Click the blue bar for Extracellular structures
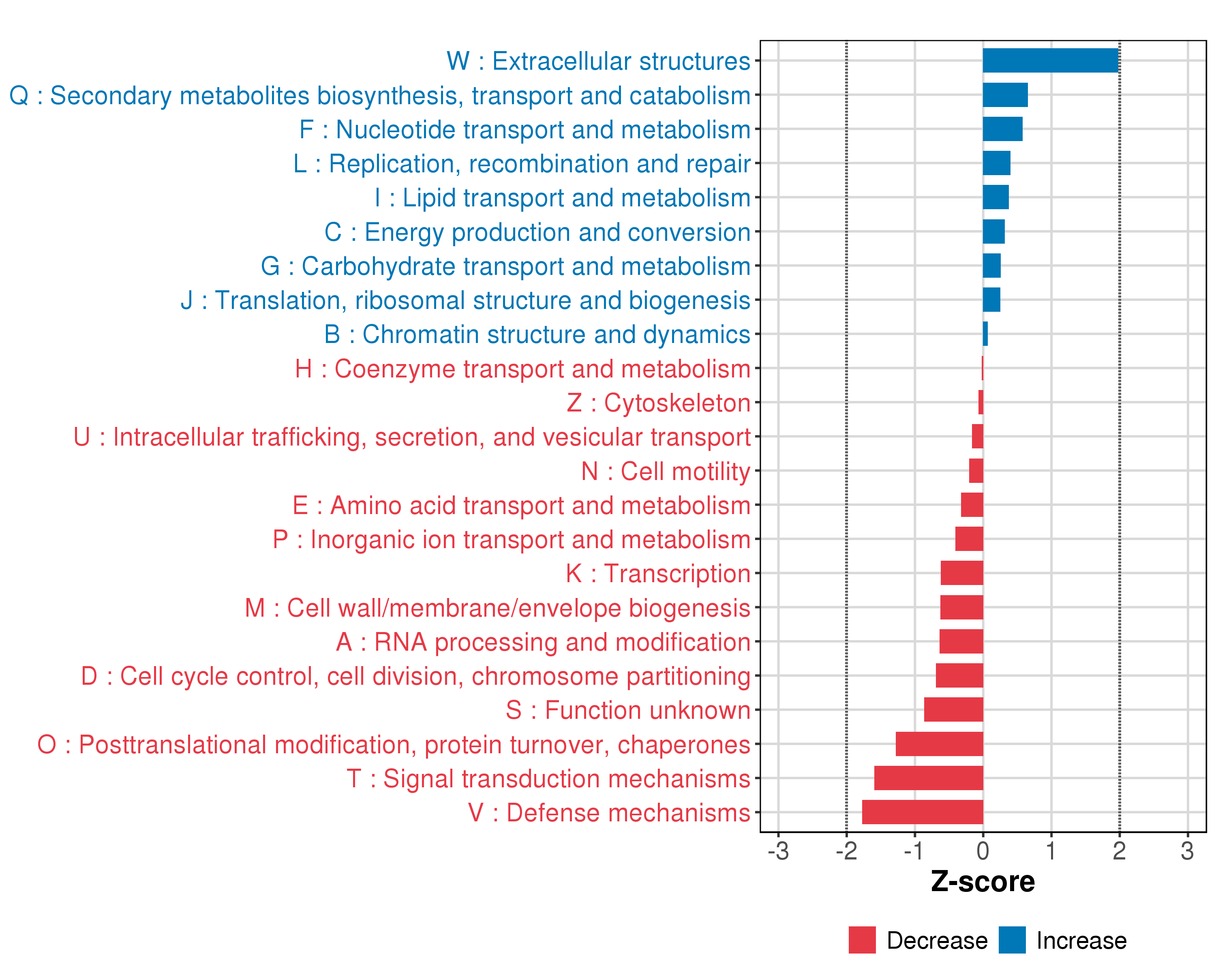click(x=1050, y=60)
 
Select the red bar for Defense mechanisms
click(x=922, y=812)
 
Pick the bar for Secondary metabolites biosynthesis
click(x=1005, y=95)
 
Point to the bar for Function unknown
click(x=953, y=709)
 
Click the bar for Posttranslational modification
click(x=939, y=744)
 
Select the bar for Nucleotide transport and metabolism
click(x=1002, y=129)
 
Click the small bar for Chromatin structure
click(x=985, y=334)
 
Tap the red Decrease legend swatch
click(x=862, y=940)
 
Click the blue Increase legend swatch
click(x=1012, y=940)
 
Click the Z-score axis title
click(x=983, y=882)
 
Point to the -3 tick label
click(x=778, y=851)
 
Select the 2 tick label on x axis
click(x=1119, y=851)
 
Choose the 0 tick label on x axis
click(x=983, y=851)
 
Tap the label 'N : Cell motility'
click(x=666, y=471)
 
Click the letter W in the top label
click(x=458, y=61)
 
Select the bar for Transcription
click(x=961, y=573)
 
